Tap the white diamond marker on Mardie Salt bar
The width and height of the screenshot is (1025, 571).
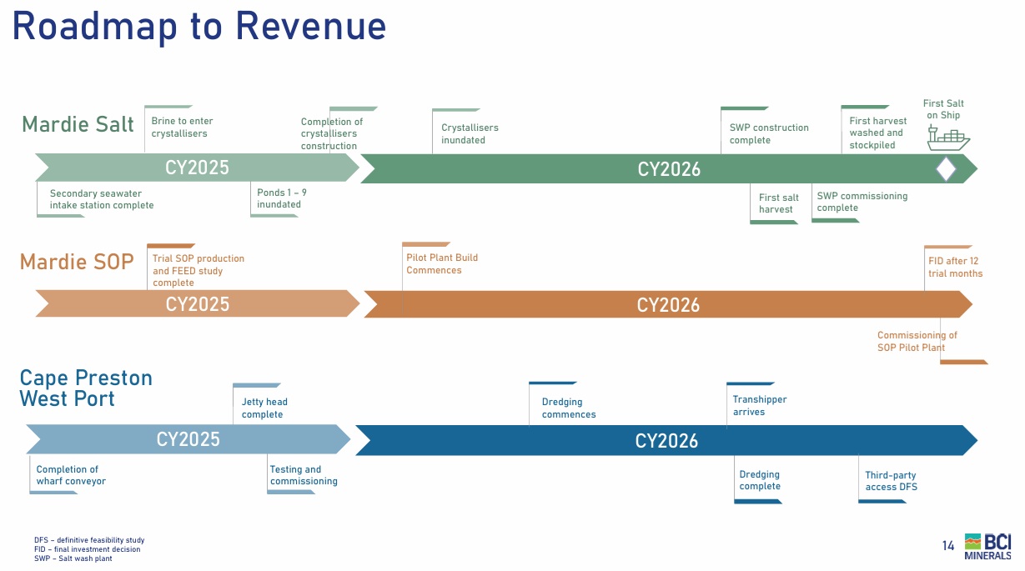tap(946, 169)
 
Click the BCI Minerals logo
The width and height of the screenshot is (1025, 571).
tap(987, 546)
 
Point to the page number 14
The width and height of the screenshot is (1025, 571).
tap(948, 546)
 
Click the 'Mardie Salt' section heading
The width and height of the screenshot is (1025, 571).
tap(78, 125)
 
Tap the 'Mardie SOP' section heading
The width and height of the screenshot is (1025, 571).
tap(77, 262)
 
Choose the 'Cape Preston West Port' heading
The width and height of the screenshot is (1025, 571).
tap(86, 388)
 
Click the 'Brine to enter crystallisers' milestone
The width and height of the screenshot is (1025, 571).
tap(182, 127)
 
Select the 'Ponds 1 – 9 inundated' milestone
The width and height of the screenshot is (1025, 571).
tap(281, 198)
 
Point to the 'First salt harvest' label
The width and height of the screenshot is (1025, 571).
tap(778, 203)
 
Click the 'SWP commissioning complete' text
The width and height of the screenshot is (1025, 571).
tap(862, 202)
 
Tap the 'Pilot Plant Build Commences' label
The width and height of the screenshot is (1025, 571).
tap(442, 263)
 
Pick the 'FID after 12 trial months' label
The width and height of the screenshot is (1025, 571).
tap(955, 267)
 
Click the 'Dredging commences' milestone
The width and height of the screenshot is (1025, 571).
tap(569, 408)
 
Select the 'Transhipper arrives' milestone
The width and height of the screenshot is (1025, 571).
tap(759, 405)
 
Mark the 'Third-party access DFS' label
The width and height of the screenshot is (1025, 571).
tap(891, 481)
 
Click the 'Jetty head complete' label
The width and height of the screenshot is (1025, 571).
tap(264, 408)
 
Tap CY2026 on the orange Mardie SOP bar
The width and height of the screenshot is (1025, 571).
tap(668, 305)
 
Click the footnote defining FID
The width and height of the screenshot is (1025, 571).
tap(88, 549)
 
